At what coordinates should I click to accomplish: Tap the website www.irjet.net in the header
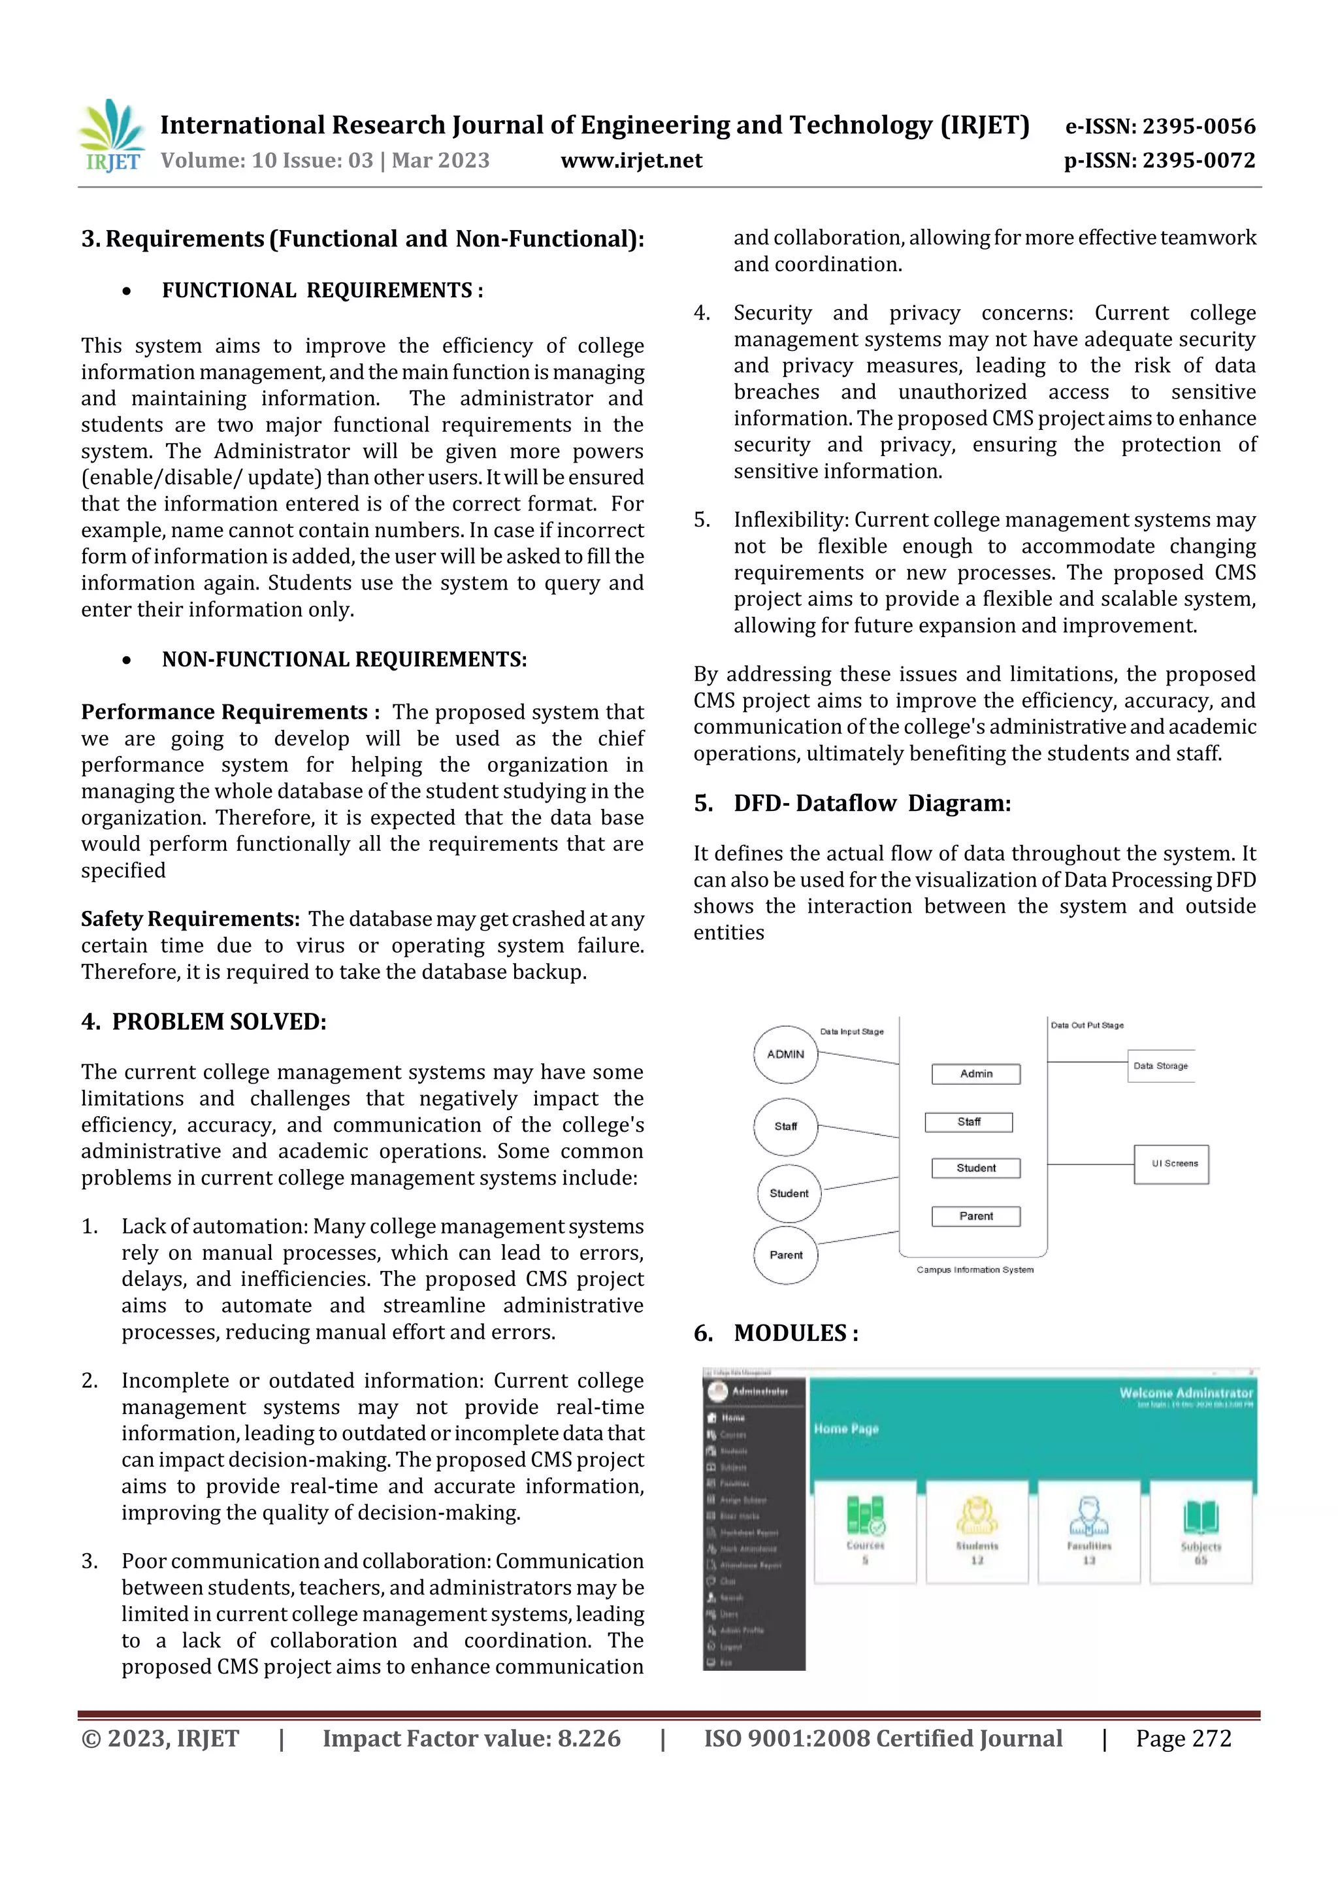coord(632,161)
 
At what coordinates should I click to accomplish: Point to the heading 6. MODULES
coord(775,1333)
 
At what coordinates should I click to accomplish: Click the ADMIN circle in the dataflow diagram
coord(785,1055)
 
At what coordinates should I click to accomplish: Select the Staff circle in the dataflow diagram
coord(785,1127)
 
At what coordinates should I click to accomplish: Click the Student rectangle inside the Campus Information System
coord(975,1168)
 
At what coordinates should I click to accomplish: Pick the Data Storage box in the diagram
coord(1160,1066)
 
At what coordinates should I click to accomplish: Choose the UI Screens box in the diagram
coord(1171,1164)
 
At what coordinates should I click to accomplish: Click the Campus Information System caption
coord(975,1270)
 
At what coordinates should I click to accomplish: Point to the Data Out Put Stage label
coord(1086,1026)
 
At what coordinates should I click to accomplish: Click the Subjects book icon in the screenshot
coord(1200,1517)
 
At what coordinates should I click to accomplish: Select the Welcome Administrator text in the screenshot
coord(1186,1392)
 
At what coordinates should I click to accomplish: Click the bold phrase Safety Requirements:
coord(190,919)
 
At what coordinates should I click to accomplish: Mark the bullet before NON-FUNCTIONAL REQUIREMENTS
coord(126,661)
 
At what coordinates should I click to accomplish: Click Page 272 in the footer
coord(1183,1738)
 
